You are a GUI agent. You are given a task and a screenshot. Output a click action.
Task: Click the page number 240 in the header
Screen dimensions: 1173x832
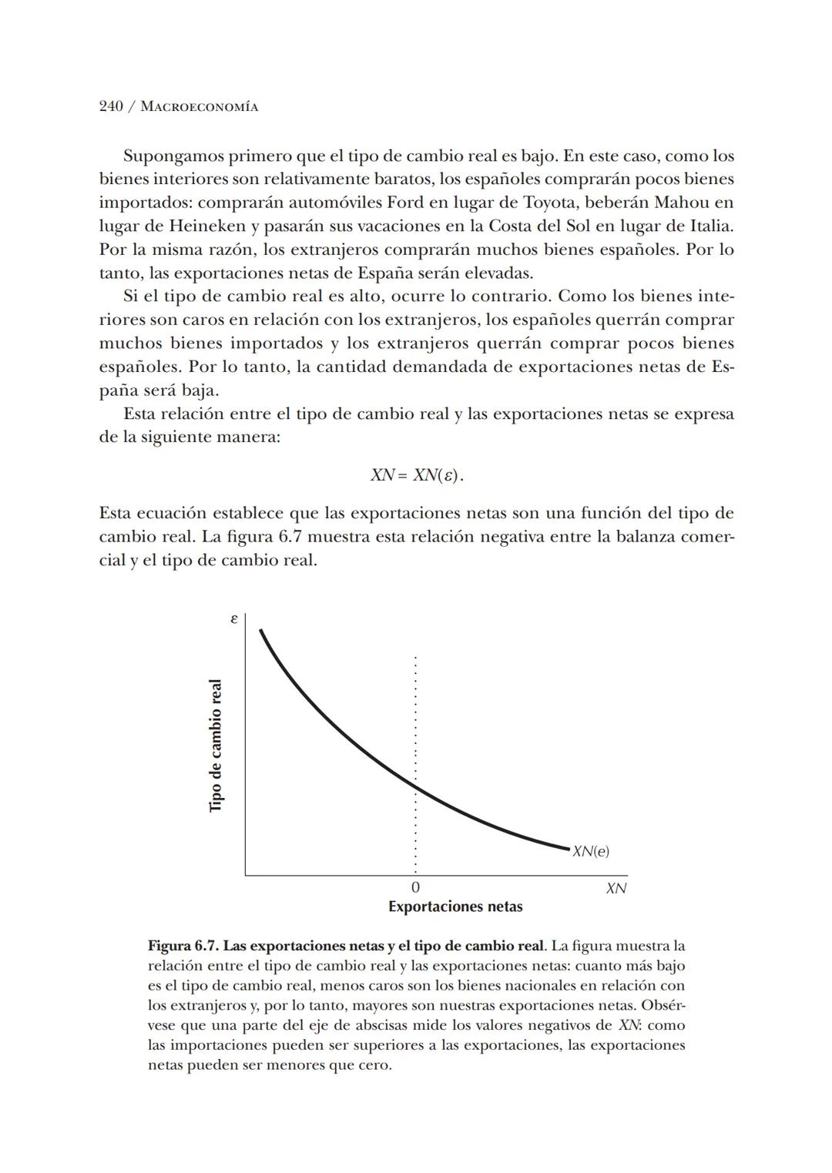(112, 107)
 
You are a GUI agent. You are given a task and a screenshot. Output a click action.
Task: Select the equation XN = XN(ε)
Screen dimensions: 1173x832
(417, 475)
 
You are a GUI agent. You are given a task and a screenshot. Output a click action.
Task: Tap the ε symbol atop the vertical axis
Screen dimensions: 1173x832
(233, 618)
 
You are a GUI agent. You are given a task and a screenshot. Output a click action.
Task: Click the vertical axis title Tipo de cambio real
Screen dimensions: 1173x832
(216, 745)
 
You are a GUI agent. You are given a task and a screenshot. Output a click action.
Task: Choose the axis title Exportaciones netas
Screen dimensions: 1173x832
(455, 907)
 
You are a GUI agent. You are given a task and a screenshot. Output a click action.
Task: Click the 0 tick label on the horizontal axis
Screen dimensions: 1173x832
(415, 888)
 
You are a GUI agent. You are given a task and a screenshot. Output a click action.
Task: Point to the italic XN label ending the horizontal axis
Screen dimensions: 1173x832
(616, 888)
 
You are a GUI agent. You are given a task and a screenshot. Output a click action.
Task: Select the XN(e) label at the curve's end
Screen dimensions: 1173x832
(591, 851)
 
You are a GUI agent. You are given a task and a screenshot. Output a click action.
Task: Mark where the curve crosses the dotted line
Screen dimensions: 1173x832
(415, 787)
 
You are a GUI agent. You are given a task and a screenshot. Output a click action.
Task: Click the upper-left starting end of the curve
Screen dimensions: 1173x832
(261, 631)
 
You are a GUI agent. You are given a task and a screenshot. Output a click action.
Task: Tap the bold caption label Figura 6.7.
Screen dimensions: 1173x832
(183, 946)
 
